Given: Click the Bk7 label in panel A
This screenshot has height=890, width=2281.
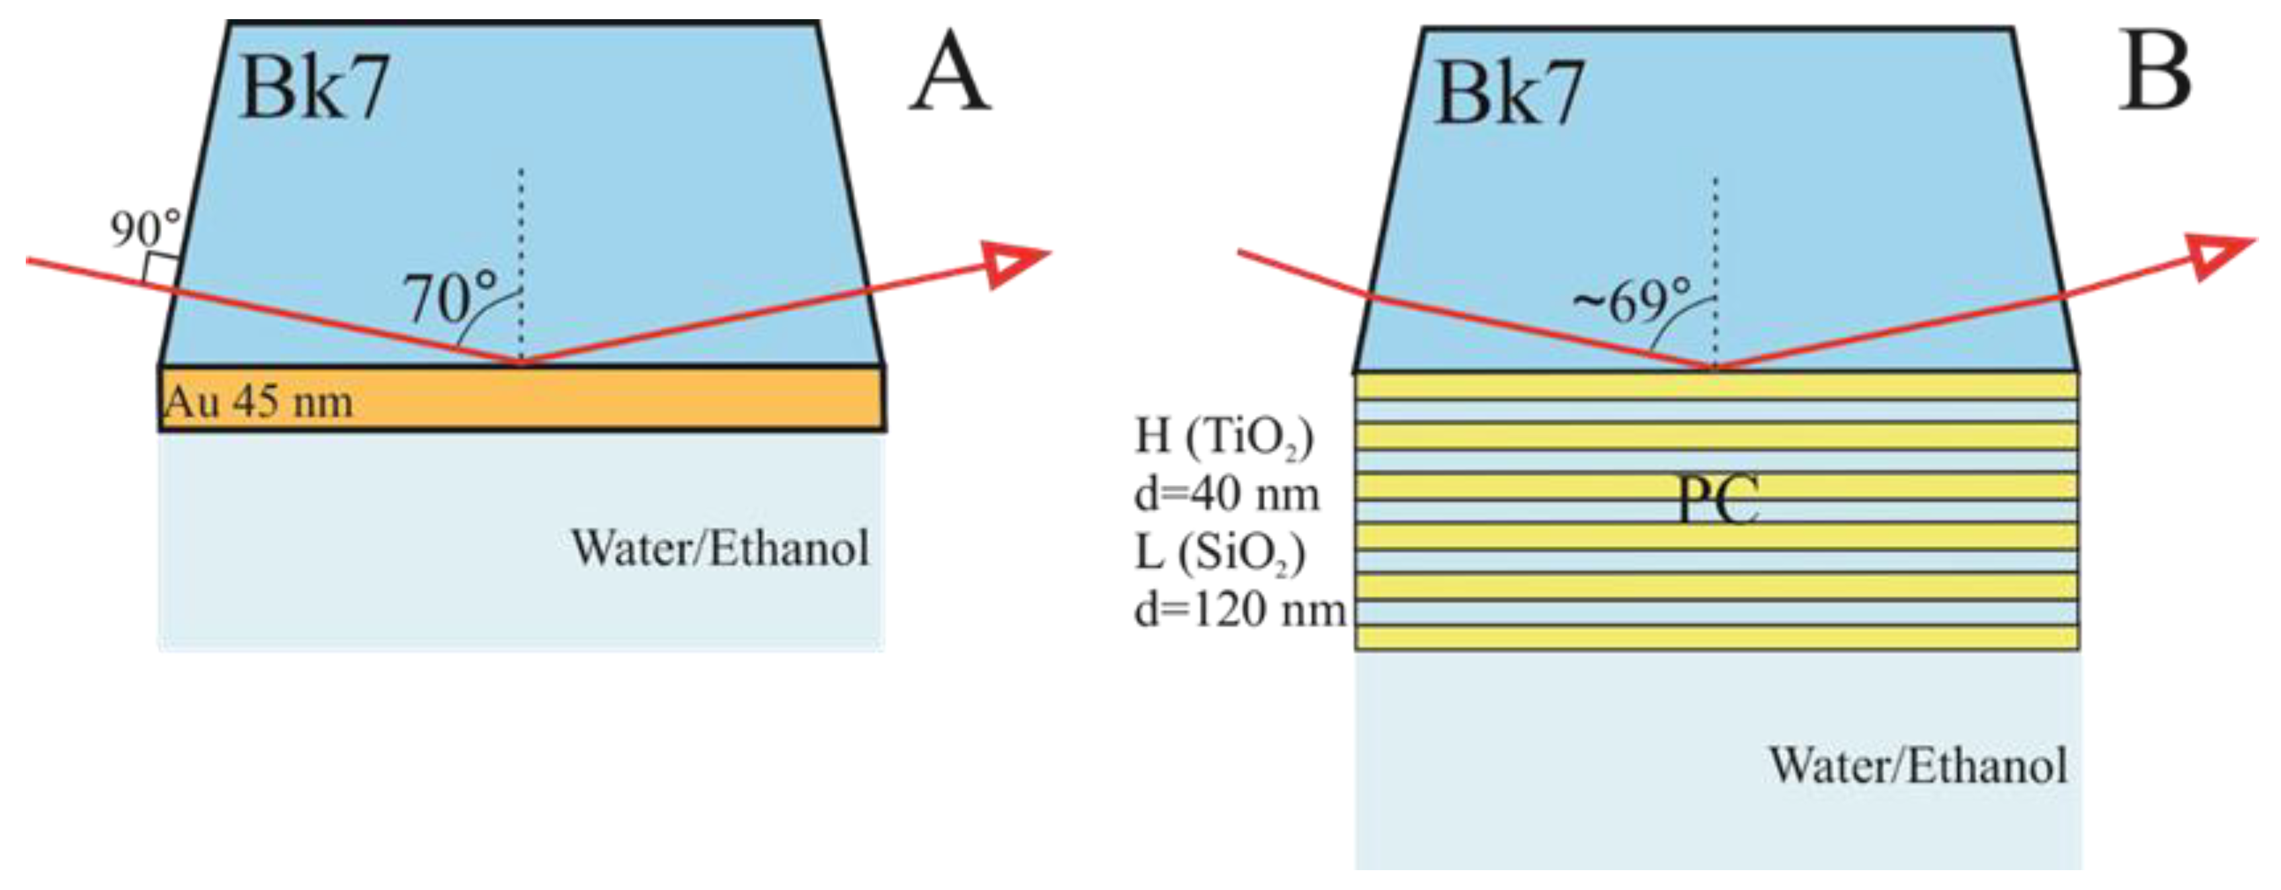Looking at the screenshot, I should click(x=314, y=89).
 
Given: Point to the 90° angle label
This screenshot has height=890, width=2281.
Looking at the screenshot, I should click(x=145, y=228).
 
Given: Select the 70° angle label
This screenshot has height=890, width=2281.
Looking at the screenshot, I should click(x=450, y=298).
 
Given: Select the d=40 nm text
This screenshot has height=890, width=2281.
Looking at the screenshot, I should click(x=1226, y=494).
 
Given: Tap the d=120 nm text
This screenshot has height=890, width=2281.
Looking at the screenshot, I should click(x=1239, y=611).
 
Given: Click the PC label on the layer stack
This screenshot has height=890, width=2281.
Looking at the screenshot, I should click(x=1717, y=500).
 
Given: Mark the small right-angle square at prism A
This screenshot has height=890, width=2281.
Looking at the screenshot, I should click(x=159, y=269).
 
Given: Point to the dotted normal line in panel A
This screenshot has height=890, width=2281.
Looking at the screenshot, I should click(x=520, y=257).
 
